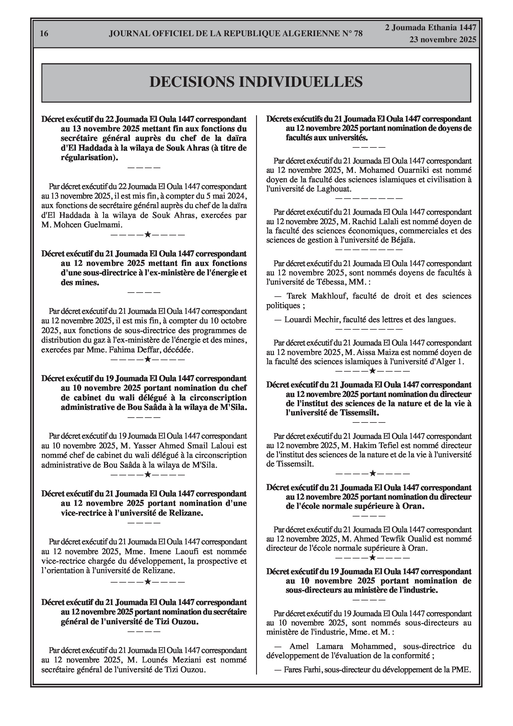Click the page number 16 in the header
44,34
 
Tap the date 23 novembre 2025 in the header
443,40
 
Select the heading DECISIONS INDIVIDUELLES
256,82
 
